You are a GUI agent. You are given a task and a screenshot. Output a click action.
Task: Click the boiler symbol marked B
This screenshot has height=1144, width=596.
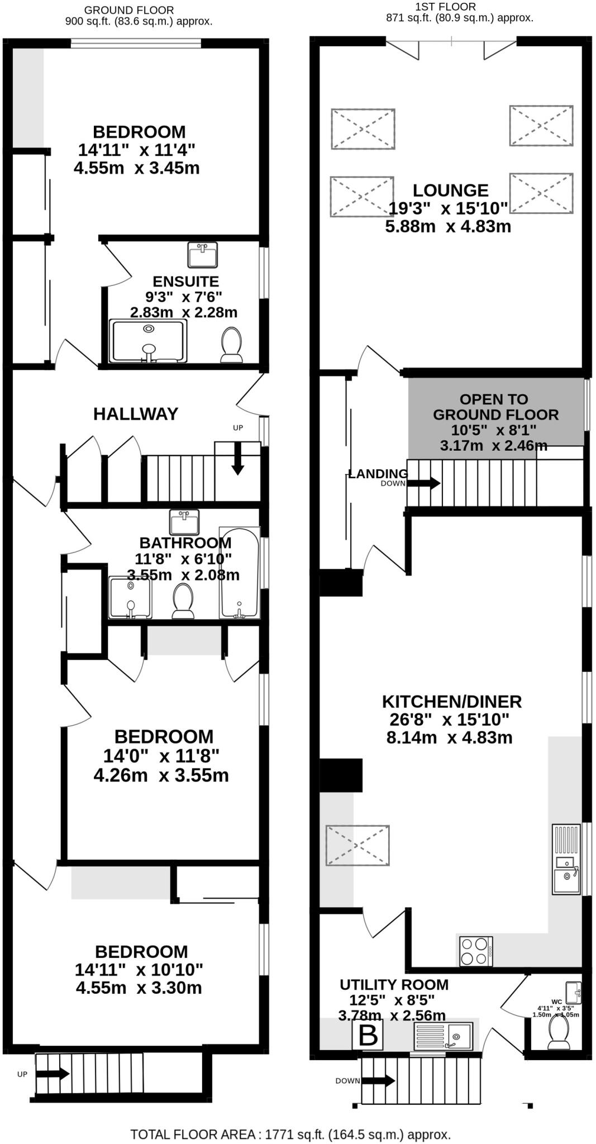368,1036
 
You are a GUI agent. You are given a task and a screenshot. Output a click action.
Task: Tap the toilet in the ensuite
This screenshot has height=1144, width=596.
231,344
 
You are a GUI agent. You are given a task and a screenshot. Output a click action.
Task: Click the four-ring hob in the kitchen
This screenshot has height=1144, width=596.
476,951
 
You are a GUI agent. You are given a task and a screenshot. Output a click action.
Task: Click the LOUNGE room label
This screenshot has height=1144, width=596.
450,190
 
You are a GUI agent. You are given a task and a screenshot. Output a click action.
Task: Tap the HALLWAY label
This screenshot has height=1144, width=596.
136,414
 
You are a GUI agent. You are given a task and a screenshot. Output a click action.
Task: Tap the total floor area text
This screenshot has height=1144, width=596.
290,1135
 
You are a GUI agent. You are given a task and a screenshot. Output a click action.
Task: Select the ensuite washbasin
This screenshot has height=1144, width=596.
203,255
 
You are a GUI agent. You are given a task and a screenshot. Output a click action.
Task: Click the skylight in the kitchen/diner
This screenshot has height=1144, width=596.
357,845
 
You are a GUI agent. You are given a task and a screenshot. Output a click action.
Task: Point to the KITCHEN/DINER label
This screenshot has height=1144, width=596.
451,702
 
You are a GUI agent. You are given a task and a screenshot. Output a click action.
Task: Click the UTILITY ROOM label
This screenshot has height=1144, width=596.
394,985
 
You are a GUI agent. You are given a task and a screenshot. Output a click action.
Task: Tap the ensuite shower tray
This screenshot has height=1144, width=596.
148,341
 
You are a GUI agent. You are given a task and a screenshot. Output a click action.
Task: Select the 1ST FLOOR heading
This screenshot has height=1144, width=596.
445,7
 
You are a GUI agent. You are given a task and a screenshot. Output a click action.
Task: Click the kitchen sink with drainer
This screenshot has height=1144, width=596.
566,859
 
